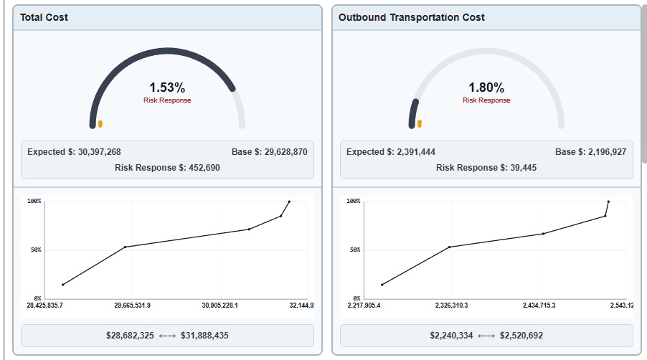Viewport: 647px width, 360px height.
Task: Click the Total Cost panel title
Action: click(x=44, y=17)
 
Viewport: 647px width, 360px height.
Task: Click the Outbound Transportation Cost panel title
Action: click(x=411, y=17)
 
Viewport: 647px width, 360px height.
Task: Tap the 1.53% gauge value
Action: click(x=167, y=87)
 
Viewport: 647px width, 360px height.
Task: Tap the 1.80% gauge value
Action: click(x=486, y=87)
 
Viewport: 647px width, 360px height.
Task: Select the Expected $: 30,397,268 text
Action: click(x=74, y=152)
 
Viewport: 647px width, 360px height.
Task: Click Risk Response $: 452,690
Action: click(x=167, y=168)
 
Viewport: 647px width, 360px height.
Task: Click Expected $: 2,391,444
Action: click(x=390, y=152)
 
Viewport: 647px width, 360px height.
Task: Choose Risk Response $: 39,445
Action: click(x=486, y=168)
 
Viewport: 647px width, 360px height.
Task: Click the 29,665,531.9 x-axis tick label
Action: click(x=133, y=305)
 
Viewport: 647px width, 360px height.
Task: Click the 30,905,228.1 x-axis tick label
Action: click(x=220, y=305)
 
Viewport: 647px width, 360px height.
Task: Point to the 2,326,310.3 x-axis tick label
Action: click(x=451, y=305)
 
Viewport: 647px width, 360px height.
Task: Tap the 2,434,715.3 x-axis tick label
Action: click(x=539, y=305)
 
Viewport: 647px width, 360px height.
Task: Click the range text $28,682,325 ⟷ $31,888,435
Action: click(x=167, y=336)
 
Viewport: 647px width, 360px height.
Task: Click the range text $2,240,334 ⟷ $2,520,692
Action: click(x=486, y=336)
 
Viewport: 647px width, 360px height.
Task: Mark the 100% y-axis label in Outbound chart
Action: click(x=353, y=202)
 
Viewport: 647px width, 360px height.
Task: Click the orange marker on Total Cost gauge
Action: click(x=100, y=124)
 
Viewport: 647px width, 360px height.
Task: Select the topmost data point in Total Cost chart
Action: click(x=289, y=202)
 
